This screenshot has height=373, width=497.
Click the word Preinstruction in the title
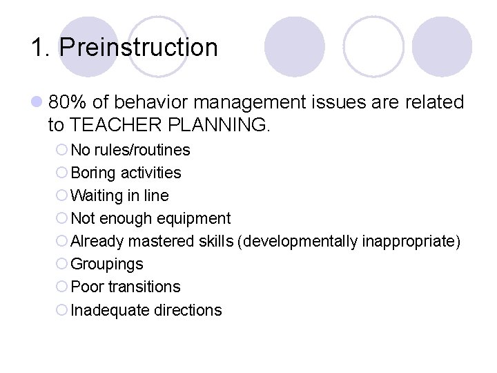pos(138,48)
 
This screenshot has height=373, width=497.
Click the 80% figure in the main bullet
pos(68,102)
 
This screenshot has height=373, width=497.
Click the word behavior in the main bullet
pos(153,102)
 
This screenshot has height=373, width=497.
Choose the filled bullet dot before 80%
pos(37,103)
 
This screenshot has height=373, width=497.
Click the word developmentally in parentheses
pos(301,241)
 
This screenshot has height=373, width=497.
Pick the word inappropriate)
pos(409,241)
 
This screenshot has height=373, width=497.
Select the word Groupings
pos(107,264)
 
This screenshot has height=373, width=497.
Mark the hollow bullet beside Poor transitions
pos(61,287)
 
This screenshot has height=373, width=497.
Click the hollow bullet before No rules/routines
pos(61,151)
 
